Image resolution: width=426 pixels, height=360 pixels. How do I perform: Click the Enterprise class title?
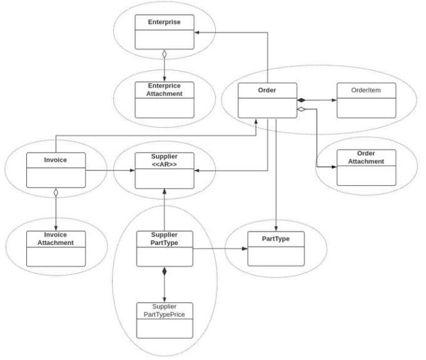164,22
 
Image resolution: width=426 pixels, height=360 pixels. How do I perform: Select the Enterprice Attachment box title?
165,90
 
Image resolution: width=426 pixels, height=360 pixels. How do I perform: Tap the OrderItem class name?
366,90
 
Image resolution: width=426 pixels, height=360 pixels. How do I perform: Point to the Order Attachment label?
366,157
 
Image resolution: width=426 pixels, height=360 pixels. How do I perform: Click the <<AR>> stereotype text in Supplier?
165,165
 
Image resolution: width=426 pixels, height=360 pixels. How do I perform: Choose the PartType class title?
275,239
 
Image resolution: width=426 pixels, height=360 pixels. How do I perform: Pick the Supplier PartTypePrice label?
165,311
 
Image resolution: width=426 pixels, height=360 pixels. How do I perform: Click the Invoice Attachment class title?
56,239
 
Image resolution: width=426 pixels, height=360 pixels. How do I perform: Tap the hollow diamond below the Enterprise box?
165,54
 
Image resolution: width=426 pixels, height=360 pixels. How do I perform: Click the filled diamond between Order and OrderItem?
302,100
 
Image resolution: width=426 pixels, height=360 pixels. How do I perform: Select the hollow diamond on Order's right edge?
302,110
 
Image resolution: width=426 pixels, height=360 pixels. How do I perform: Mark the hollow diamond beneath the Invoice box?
56,192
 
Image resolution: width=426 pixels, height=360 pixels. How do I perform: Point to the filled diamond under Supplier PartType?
165,271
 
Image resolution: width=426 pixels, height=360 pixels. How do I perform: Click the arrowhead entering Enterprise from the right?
197,33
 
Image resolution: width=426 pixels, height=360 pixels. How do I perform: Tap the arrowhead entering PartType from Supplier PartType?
245,249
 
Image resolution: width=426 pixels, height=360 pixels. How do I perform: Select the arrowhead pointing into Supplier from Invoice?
133,170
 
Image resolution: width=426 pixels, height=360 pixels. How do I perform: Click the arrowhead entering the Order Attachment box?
334,167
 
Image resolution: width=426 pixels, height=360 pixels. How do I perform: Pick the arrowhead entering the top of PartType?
276,229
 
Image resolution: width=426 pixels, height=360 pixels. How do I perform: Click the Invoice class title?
56,160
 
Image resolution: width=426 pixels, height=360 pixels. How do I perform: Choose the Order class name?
267,90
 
